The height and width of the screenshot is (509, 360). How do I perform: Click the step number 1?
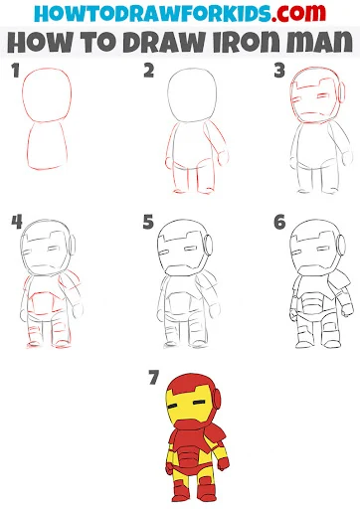(x=16, y=71)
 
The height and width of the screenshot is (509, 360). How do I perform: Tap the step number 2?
(x=149, y=71)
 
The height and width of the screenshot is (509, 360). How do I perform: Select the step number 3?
(x=279, y=71)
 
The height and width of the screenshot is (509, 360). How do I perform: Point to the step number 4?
(x=17, y=222)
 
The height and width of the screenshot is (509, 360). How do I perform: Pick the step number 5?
(x=148, y=222)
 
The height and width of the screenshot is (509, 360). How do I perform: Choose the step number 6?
(x=279, y=222)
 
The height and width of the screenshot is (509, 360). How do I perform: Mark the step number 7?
(x=154, y=378)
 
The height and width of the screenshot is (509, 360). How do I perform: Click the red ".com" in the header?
(x=298, y=13)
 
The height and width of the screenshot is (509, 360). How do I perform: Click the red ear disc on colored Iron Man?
(x=217, y=399)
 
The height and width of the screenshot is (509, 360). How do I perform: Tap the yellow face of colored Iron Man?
(x=187, y=406)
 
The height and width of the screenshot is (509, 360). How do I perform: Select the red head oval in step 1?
(x=23, y=96)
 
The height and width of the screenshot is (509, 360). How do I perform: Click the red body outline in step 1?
(x=28, y=146)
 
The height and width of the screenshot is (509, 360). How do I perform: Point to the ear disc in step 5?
(x=209, y=245)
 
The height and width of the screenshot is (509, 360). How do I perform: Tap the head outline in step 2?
(x=168, y=96)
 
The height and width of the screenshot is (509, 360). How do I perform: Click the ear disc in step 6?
(x=341, y=245)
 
